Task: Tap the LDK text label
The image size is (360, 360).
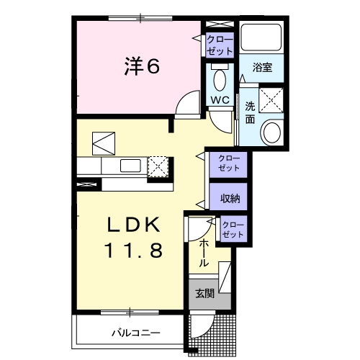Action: [129, 225]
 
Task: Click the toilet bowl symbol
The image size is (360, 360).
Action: [220, 78]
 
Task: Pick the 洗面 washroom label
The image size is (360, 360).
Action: [249, 112]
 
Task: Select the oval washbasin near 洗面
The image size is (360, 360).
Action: [272, 132]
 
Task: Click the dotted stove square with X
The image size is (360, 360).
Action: [158, 167]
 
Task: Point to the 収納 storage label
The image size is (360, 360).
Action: [229, 197]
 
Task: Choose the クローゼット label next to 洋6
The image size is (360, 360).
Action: [219, 45]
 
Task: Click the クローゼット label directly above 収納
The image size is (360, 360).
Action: [229, 163]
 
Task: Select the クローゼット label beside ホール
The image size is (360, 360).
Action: [233, 229]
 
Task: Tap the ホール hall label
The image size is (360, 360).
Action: [204, 254]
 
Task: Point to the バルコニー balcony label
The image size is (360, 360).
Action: [135, 333]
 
